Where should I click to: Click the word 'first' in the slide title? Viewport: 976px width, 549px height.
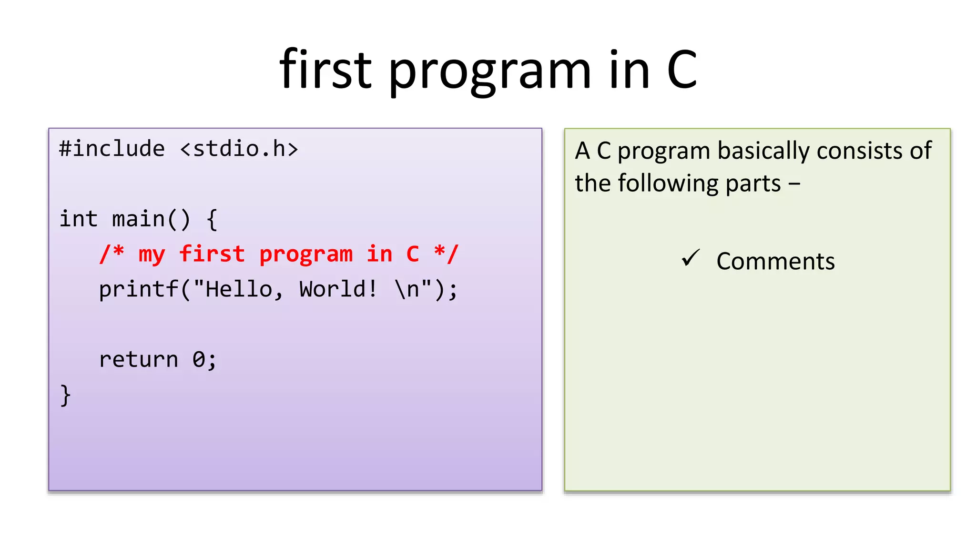tap(325, 71)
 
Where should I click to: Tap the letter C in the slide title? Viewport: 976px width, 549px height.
tap(682, 71)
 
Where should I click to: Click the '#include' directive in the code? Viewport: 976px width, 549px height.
tap(112, 149)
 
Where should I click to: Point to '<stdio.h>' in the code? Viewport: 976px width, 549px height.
tap(239, 149)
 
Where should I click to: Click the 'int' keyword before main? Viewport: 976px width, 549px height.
tap(78, 219)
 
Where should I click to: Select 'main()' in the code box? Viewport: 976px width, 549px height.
tap(151, 219)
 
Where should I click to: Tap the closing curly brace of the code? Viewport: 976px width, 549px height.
tap(66, 396)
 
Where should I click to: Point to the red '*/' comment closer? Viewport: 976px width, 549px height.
tap(446, 254)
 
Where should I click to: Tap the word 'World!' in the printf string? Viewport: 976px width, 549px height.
tap(338, 289)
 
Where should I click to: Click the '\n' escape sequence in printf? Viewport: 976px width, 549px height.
tap(407, 289)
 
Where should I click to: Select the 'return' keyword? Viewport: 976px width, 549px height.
tap(138, 360)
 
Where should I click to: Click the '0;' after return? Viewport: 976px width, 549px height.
tap(204, 360)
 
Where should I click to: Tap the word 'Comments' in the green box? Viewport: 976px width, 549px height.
tap(775, 262)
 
